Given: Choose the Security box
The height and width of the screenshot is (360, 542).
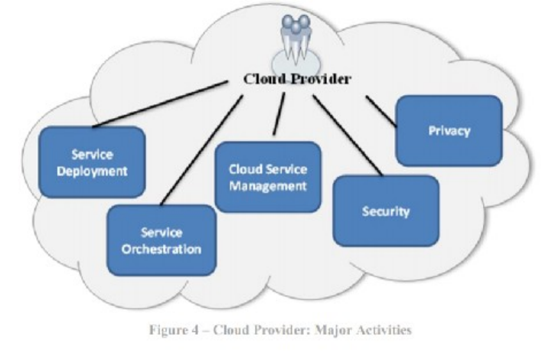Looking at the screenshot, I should pyautogui.click(x=386, y=211).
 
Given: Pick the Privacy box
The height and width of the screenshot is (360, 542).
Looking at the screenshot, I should pyautogui.click(x=449, y=130).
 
